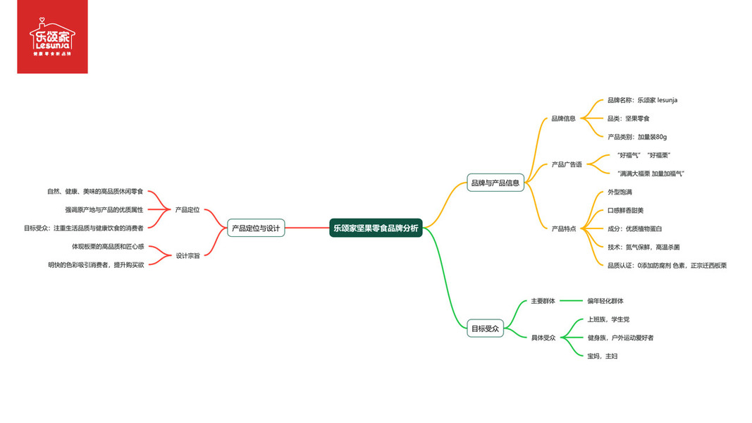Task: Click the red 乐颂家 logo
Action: point(52,37)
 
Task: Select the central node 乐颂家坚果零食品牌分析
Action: point(376,228)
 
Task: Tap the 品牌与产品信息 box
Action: point(495,183)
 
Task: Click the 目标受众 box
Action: point(486,328)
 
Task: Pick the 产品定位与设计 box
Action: point(256,228)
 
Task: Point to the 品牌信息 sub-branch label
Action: point(563,118)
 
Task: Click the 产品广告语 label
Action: point(567,164)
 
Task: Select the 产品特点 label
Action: point(563,228)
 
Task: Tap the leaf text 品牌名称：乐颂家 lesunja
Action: point(642,100)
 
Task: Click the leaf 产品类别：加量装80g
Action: point(636,137)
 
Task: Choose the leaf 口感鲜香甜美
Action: point(625,210)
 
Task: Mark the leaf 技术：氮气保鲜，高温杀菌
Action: point(643,247)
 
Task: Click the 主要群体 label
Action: point(543,301)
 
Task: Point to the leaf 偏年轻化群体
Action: point(605,301)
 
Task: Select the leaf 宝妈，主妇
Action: point(602,356)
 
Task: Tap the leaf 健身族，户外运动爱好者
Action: point(620,338)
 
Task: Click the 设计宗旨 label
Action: point(187,255)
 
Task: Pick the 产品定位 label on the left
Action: point(187,209)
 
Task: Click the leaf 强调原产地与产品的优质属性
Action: point(104,209)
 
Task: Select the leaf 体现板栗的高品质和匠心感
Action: point(108,246)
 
